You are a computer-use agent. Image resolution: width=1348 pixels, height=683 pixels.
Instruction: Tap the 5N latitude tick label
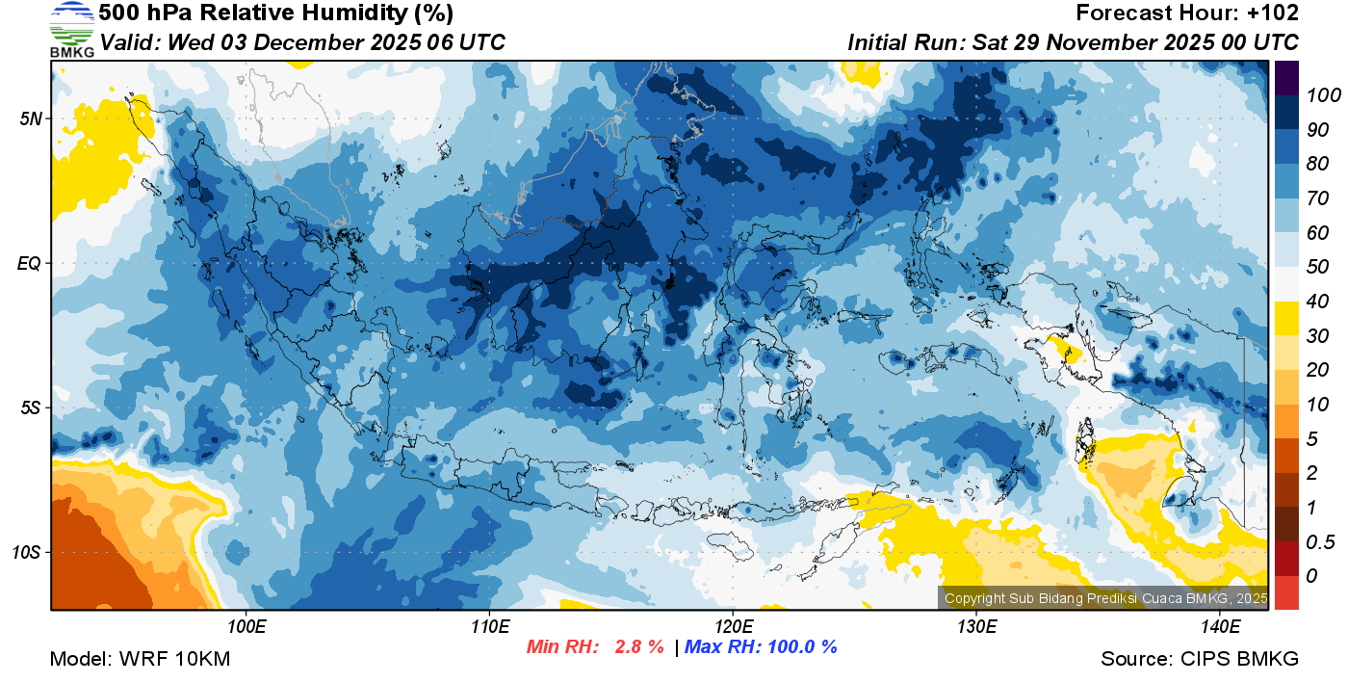coord(29,118)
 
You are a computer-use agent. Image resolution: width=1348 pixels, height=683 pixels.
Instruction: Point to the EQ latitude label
coord(29,263)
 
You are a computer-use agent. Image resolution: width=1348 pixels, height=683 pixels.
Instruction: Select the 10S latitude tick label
coord(26,552)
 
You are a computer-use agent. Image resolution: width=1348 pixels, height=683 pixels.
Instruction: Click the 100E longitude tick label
coord(246,627)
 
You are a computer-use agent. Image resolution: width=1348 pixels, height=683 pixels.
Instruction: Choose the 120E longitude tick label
coord(733,627)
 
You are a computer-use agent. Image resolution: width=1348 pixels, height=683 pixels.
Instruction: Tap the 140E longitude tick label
coord(1220,627)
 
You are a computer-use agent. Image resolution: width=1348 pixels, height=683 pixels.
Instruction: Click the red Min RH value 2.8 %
coord(638,646)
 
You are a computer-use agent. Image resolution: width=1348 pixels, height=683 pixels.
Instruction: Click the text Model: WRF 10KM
coord(140,659)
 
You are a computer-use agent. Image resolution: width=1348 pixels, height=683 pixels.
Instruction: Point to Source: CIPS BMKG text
coord(1200,659)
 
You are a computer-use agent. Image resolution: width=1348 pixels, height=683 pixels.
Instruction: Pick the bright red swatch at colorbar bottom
coord(1286,592)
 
